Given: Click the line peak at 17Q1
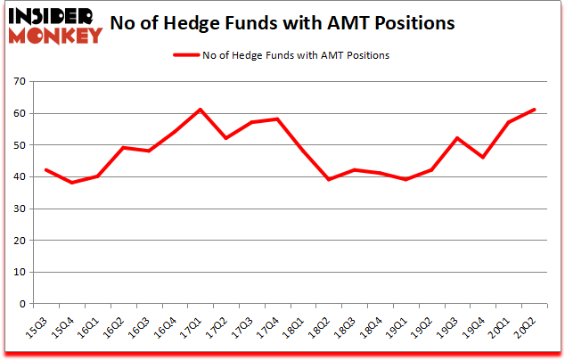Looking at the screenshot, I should (201, 110).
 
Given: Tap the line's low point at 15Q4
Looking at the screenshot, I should (72, 183).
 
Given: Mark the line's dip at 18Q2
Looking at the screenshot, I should (329, 179).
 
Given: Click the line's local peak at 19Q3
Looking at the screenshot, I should (457, 138).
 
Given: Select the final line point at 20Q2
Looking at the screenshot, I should (534, 110).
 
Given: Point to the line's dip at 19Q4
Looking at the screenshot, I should (483, 157).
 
